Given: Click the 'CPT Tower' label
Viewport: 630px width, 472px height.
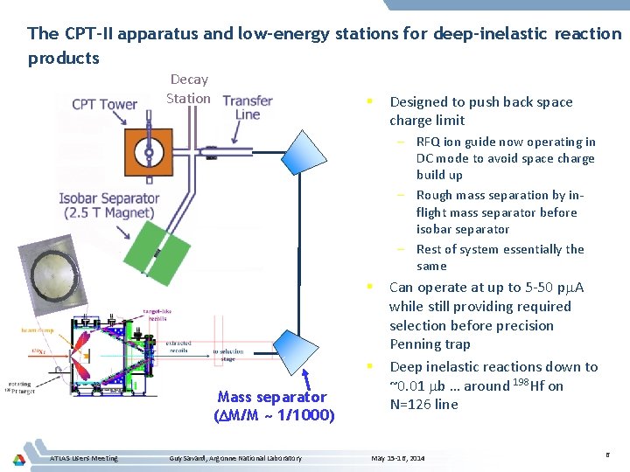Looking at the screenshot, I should (x=104, y=104).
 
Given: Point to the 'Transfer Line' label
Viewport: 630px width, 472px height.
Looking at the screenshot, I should (x=248, y=108).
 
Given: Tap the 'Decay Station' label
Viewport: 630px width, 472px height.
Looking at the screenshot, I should (x=188, y=88).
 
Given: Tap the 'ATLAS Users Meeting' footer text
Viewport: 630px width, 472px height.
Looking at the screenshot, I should (x=84, y=458).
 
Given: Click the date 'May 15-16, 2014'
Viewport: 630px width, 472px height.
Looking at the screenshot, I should (x=397, y=458).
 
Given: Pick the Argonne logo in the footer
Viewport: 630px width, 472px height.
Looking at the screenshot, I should (x=19, y=458).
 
